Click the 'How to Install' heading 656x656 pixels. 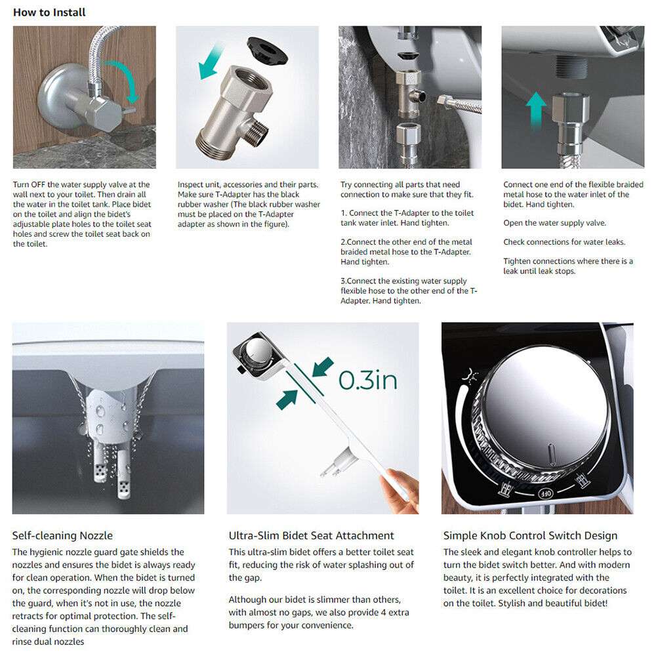point(49,12)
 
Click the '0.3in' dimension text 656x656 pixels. point(367,380)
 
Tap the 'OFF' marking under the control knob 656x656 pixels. point(545,493)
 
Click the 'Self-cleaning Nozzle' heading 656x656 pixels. point(62,536)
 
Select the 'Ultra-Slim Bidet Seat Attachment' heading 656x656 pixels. point(311,536)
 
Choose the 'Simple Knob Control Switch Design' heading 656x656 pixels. point(530,536)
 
